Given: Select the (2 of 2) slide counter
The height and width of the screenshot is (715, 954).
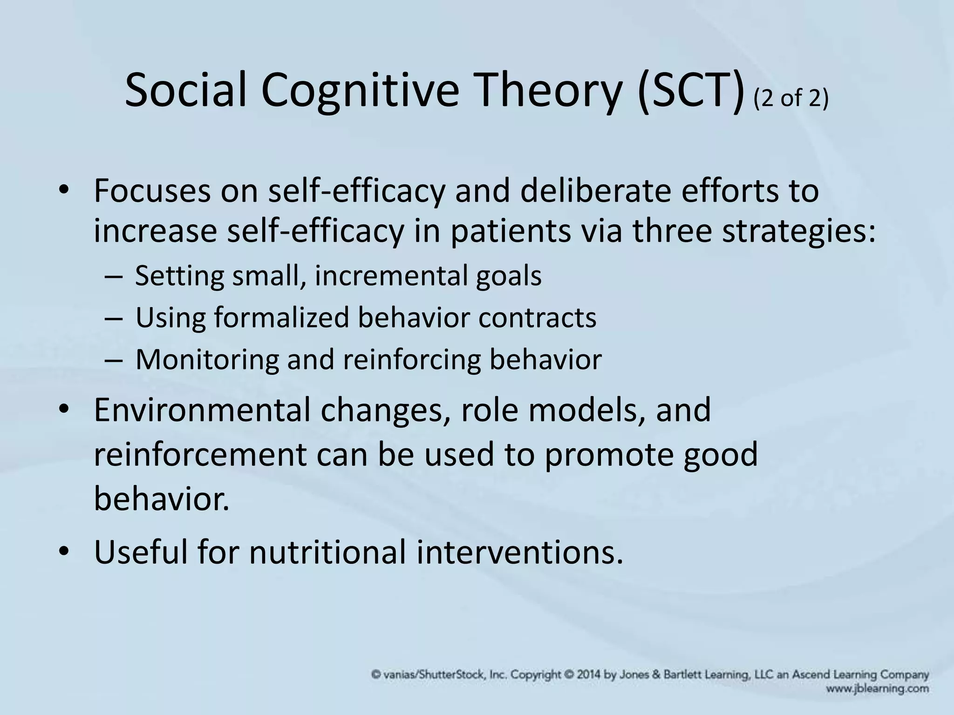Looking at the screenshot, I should [x=791, y=98].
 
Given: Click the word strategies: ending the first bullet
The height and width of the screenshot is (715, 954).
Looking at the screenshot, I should [x=798, y=232].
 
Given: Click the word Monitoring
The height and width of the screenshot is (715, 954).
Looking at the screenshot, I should [x=207, y=360].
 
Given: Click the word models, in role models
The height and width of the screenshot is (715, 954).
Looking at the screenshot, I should [x=587, y=410].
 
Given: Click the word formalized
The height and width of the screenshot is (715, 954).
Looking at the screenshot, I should [x=282, y=317].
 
